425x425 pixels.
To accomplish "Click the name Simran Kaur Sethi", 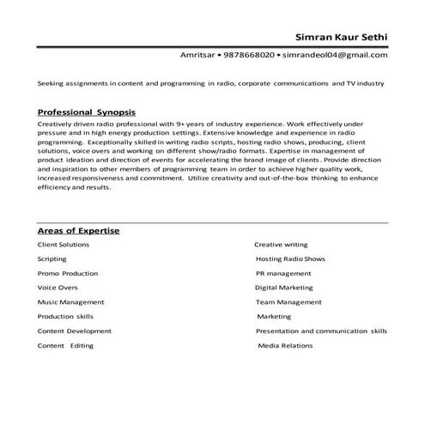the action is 341,37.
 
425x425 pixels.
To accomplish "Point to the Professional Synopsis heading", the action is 86,112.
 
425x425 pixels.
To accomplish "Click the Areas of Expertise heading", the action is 78,231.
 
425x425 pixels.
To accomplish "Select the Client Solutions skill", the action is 63,245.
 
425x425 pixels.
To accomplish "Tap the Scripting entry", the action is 53,258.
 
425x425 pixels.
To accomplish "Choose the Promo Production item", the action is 67,273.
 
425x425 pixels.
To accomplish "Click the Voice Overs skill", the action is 58,288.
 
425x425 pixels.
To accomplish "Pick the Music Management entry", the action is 70,302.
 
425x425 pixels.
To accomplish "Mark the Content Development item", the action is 74,331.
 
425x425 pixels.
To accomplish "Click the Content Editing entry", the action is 65,345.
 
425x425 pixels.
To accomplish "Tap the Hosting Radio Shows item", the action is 290,258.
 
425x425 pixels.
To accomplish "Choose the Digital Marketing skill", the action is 284,288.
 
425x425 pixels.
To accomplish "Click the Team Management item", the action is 288,302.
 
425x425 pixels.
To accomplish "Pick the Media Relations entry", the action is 286,345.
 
